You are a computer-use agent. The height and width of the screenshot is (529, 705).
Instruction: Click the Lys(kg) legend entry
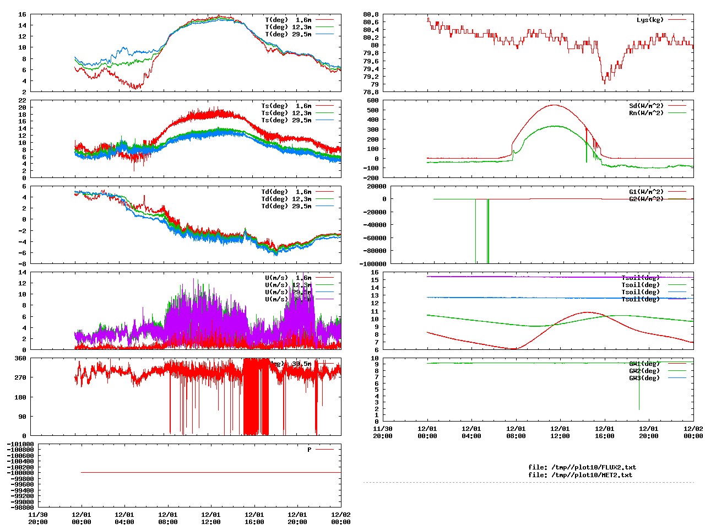[x=650, y=20]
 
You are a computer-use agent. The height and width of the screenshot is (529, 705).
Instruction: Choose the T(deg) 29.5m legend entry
[x=288, y=34]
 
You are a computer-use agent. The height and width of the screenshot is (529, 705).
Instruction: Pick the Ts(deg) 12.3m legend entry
[x=286, y=113]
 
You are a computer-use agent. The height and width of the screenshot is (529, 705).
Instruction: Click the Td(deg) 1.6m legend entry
[x=286, y=192]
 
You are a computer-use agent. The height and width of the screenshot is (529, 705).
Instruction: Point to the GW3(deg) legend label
[x=644, y=378]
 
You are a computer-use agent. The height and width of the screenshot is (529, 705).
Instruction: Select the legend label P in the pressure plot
[x=310, y=450]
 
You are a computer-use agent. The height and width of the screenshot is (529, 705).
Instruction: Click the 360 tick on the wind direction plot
[x=20, y=358]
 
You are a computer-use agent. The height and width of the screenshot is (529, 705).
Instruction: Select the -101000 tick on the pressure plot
[x=20, y=444]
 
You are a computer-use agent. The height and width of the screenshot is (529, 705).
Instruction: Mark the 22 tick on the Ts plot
[x=22, y=100]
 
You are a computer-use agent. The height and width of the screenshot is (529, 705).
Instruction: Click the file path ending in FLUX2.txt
[x=582, y=467]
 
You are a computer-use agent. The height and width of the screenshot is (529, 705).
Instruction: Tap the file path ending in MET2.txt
[x=580, y=475]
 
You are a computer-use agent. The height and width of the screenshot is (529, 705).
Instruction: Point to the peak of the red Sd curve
[x=554, y=105]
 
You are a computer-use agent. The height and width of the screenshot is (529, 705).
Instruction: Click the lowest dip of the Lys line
[x=604, y=82]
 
